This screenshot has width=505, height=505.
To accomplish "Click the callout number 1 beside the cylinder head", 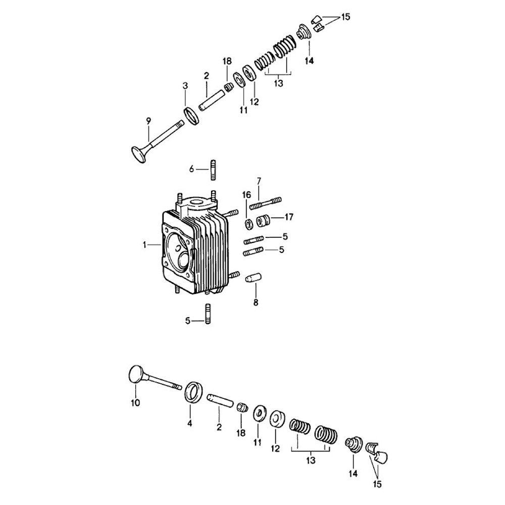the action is pos(144,245).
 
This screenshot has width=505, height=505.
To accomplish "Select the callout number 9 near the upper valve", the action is pos(148,121).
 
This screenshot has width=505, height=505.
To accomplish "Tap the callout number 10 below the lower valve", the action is pos(135,403).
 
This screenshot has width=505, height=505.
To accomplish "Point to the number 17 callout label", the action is pos(289,217).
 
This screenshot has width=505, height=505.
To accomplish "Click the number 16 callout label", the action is pos(246,195).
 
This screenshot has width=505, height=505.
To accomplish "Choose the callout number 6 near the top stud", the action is pos(191,169).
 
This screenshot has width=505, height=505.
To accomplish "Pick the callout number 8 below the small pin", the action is pos(256,302).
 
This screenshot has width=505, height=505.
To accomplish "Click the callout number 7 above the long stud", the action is pos(259,181).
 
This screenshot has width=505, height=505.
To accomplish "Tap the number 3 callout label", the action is pos(185,86).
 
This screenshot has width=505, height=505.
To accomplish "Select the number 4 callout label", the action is pos(189,424).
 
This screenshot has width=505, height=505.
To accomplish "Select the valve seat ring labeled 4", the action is pos(194,392).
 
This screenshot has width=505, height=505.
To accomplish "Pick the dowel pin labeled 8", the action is pos(254,278).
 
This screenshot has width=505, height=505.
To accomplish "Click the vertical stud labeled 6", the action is pos(213,170).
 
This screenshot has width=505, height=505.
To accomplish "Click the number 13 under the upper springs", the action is pos(278,83).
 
